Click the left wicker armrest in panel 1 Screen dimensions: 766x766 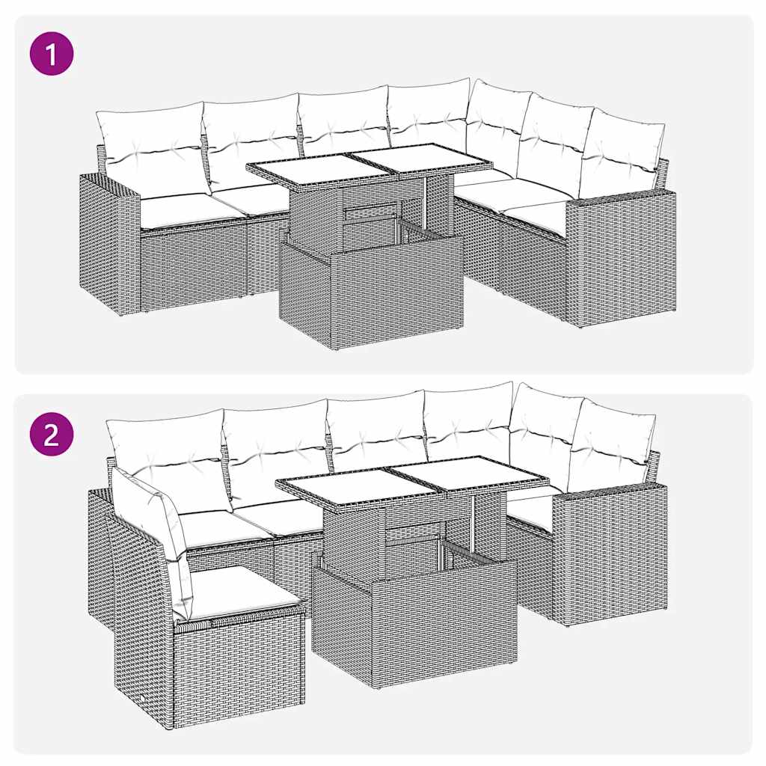111,243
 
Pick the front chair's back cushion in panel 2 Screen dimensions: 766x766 153,516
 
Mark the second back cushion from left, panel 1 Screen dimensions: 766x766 251,138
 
